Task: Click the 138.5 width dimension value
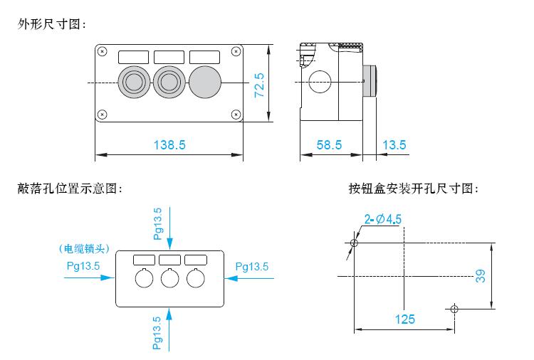point(169,145)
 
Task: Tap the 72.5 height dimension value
point(259,85)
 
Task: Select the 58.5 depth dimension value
point(329,145)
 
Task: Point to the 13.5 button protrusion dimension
point(394,145)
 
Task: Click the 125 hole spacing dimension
point(405,319)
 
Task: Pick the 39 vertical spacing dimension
point(480,276)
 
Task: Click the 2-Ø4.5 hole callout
point(383,219)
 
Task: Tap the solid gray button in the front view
point(205,82)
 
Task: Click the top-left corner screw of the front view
point(102,51)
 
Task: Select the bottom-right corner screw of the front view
point(236,115)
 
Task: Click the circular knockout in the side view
point(320,82)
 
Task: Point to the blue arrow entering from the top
point(169,228)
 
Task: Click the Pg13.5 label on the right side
point(252,267)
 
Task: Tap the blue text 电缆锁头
point(85,249)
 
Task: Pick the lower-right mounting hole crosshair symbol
point(454,309)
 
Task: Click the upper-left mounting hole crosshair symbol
point(354,243)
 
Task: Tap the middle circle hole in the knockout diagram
point(169,278)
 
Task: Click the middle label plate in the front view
point(169,57)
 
